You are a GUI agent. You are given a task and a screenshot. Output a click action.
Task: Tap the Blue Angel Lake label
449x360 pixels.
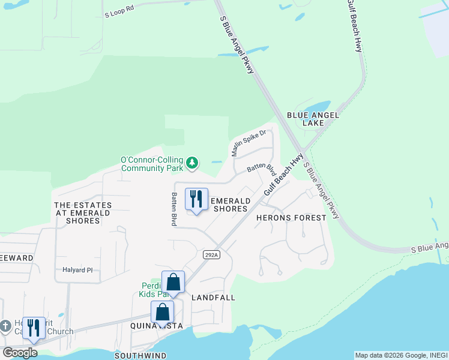(x=313, y=119)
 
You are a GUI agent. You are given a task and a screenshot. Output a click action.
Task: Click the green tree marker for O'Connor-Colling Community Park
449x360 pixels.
(x=192, y=162)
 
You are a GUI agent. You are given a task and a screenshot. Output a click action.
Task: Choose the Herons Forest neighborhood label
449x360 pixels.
(x=291, y=218)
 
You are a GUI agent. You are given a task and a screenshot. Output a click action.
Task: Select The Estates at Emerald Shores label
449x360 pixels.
(x=83, y=213)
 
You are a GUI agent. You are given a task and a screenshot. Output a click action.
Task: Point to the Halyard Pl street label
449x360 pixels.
(x=77, y=270)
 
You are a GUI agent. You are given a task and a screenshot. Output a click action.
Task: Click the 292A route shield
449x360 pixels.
(x=211, y=254)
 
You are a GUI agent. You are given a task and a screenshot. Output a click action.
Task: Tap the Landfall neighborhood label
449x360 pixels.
(x=213, y=298)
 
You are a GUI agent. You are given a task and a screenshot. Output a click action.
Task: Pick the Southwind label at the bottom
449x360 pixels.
(x=140, y=355)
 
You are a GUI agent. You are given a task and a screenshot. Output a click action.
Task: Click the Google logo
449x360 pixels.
(x=20, y=352)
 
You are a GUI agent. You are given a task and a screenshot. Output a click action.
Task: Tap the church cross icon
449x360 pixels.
(x=5, y=326)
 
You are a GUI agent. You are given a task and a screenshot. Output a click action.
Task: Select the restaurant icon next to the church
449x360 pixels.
(x=34, y=328)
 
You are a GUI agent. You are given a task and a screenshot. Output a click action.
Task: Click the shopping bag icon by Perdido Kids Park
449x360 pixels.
(x=173, y=281)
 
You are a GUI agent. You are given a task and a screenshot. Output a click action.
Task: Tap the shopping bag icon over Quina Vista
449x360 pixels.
(x=162, y=311)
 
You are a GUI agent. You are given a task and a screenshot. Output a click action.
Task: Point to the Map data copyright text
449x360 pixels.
(x=400, y=355)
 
